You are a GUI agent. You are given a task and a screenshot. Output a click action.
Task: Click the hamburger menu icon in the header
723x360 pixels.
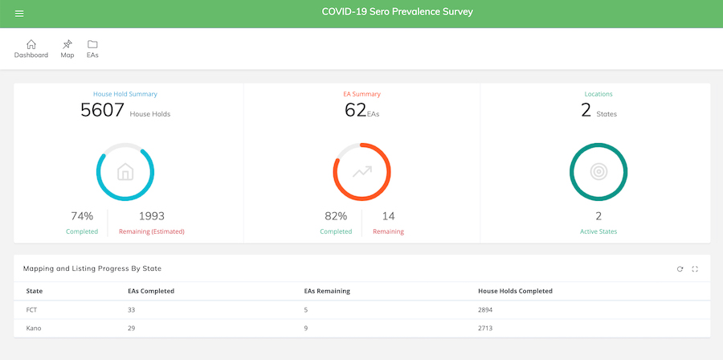coord(19,14)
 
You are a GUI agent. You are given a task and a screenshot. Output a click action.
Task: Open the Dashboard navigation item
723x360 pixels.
coord(31,49)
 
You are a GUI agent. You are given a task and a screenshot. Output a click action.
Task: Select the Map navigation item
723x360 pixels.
coord(67,49)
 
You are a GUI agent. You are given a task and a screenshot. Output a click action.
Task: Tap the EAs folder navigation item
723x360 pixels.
coord(92,49)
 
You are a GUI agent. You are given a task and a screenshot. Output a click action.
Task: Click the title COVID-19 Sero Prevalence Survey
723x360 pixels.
coord(397,12)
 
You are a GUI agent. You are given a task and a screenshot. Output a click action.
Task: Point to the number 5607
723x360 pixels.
coord(102,110)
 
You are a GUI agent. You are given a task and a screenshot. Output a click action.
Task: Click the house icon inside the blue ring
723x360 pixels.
coord(125,172)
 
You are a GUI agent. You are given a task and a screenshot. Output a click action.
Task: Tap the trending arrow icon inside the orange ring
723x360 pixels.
coord(361,172)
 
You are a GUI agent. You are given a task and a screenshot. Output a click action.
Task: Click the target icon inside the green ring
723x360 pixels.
coord(598,172)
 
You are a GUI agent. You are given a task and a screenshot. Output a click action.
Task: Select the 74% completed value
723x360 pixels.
coord(82,216)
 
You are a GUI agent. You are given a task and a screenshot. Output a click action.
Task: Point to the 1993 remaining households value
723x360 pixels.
coord(151,216)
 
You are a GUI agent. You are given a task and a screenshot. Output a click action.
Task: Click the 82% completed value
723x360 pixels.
coord(336,216)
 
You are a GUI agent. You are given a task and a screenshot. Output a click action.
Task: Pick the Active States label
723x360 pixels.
coord(598,231)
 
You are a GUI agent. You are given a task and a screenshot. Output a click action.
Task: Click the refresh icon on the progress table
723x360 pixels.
coord(680,269)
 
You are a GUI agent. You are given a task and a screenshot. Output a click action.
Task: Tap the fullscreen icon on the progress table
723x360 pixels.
coord(695,269)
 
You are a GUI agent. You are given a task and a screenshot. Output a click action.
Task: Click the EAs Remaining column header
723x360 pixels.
coord(321,291)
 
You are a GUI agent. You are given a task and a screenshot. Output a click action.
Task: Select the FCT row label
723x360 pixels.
coord(33,309)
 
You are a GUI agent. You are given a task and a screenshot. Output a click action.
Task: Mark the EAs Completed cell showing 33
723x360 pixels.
coord(133,309)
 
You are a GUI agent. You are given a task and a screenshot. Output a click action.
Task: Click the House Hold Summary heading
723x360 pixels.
coord(125,94)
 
